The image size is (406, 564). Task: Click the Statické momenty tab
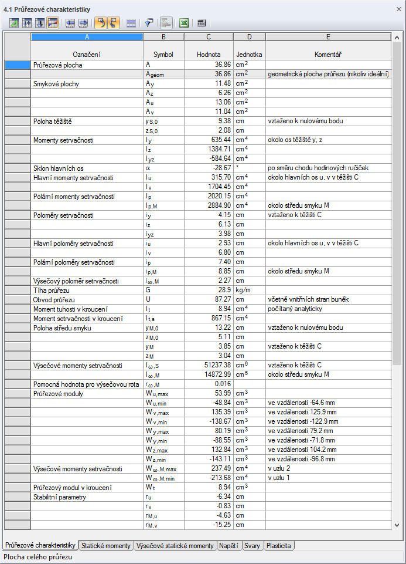point(105,546)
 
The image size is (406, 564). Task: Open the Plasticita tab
point(279,546)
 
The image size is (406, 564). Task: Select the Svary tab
point(253,546)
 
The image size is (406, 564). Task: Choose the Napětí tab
point(228,546)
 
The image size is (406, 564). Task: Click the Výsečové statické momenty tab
point(175,546)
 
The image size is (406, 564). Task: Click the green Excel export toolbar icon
point(183,23)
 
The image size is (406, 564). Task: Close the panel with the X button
point(399,9)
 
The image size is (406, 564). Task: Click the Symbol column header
point(163,55)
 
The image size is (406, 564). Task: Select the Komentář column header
point(329,55)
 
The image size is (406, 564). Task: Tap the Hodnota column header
point(209,55)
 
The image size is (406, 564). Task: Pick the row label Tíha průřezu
point(52,290)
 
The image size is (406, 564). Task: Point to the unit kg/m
point(243,290)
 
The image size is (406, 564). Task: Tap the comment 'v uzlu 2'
point(279,468)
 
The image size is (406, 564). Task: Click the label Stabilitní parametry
point(60,497)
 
